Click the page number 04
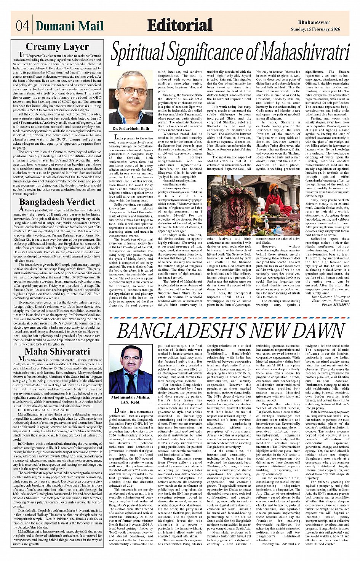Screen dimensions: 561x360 click(22, 26)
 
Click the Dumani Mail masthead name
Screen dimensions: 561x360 click(70, 26)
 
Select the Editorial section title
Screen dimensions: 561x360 click(179, 25)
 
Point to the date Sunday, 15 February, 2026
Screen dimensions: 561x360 click(320, 29)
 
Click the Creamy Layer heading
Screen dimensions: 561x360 click(57, 47)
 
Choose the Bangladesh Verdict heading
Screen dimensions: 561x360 click(57, 202)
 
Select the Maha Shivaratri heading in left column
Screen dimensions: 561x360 click(57, 352)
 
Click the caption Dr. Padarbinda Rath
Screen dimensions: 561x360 click(131, 129)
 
